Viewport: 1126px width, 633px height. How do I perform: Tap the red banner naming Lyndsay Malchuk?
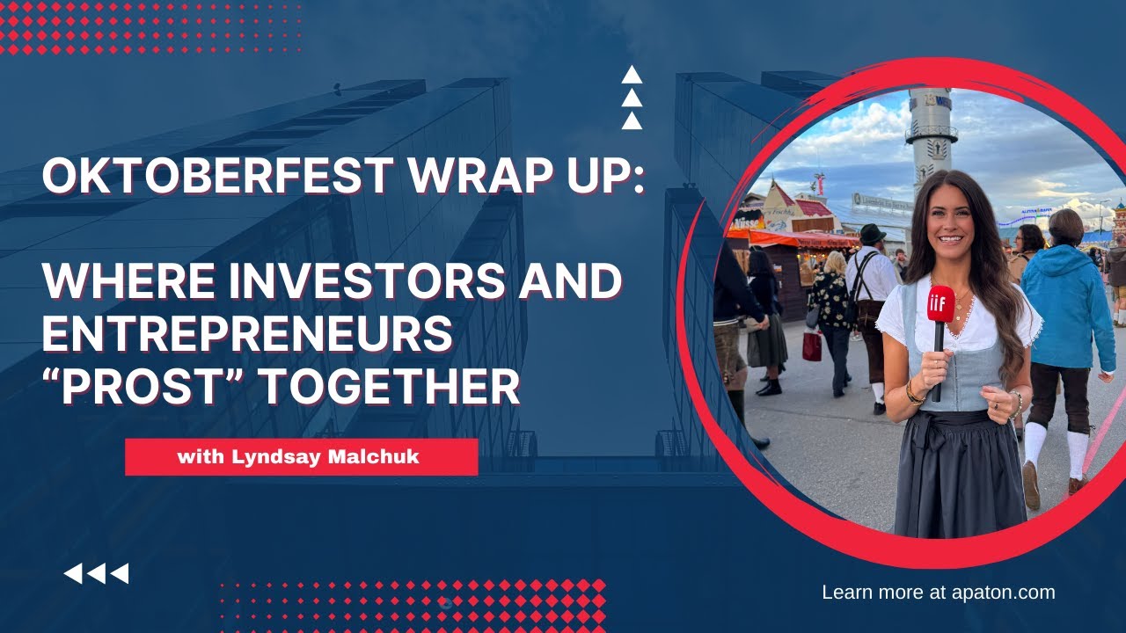(x=301, y=457)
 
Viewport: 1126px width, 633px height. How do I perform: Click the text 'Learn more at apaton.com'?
(x=938, y=593)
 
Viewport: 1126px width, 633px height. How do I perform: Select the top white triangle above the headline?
(x=632, y=76)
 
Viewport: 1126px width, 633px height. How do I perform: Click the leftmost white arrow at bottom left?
(x=73, y=574)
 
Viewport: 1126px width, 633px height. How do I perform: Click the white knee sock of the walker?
(x=1035, y=444)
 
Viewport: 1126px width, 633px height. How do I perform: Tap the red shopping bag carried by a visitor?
(x=812, y=346)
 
